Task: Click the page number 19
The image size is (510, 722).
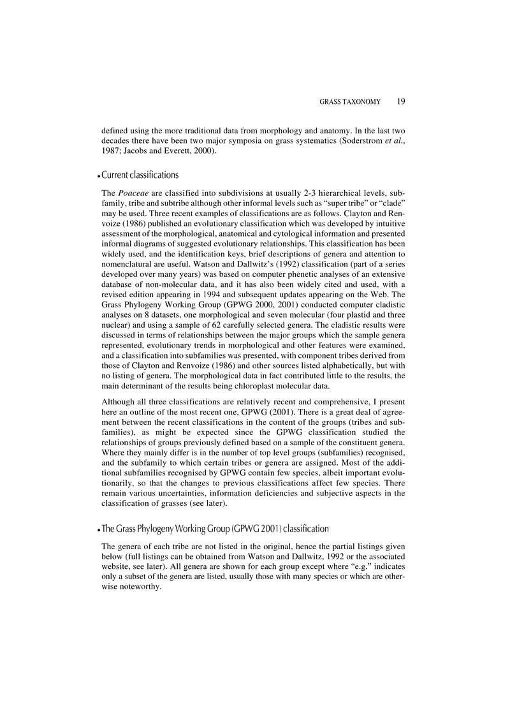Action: coord(402,100)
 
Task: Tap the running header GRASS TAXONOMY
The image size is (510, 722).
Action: coord(353,100)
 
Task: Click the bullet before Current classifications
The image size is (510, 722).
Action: coord(104,175)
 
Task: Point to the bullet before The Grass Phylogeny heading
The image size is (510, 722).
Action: coord(104,529)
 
